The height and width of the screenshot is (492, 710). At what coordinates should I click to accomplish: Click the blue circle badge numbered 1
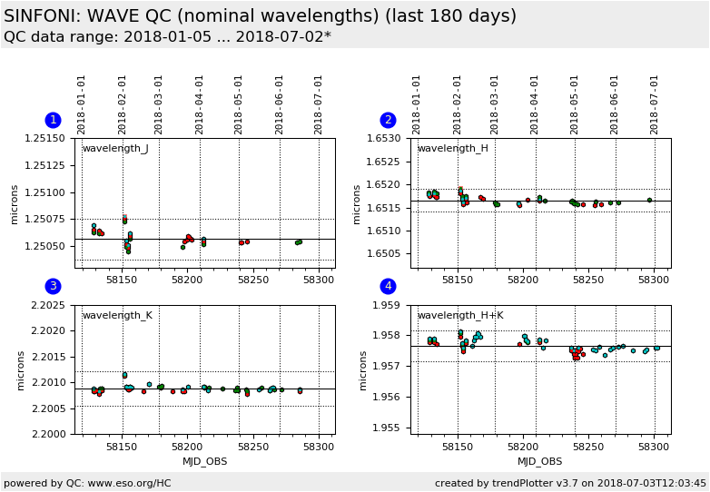pyautogui.click(x=53, y=120)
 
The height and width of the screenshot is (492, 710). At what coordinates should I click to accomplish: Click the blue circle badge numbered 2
pyautogui.click(x=388, y=120)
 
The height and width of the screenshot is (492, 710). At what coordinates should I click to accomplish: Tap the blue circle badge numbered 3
pyautogui.click(x=53, y=286)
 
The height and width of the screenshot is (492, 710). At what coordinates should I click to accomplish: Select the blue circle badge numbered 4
pyautogui.click(x=388, y=286)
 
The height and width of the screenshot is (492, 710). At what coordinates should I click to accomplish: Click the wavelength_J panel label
pyautogui.click(x=115, y=149)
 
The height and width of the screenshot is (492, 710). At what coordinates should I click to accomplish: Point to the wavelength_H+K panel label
pyautogui.click(x=460, y=316)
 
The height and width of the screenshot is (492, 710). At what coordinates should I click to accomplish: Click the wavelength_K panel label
pyautogui.click(x=117, y=316)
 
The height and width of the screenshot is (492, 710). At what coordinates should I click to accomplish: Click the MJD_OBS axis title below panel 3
pyautogui.click(x=205, y=461)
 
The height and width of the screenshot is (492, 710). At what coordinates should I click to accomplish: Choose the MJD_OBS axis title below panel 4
pyautogui.click(x=540, y=461)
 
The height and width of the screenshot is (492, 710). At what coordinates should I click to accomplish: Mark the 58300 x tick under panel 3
pyautogui.click(x=318, y=447)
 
